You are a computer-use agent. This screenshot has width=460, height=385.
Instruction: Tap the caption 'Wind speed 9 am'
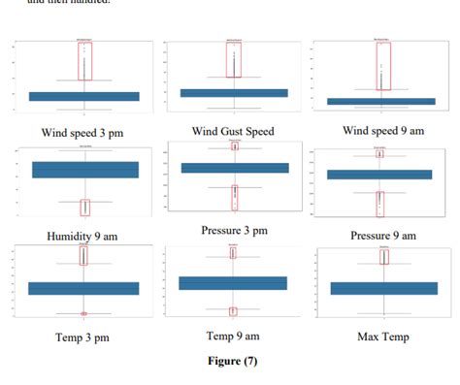pyautogui.click(x=381, y=130)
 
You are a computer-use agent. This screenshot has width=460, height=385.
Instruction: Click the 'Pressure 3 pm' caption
pyautogui.click(x=234, y=230)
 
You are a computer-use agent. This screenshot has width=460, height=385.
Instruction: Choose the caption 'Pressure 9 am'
pyautogui.click(x=382, y=235)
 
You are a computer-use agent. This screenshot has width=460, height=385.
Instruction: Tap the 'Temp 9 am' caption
pyautogui.click(x=233, y=336)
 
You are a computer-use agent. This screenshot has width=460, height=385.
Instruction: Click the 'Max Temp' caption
pyautogui.click(x=382, y=337)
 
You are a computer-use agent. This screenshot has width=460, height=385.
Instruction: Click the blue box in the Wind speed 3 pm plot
pyautogui.click(x=84, y=96)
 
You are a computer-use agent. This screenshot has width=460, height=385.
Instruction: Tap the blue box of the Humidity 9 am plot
pyautogui.click(x=85, y=170)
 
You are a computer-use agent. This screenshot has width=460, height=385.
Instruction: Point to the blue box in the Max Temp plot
pyautogui.click(x=383, y=288)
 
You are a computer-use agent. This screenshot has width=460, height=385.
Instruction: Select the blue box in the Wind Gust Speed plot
pyautogui.click(x=234, y=93)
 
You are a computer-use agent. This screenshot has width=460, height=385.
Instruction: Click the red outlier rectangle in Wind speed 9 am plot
pyautogui.click(x=384, y=66)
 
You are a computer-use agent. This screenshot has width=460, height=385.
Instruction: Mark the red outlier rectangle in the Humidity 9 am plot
pyautogui.click(x=85, y=207)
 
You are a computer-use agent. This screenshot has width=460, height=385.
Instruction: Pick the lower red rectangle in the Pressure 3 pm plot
pyautogui.click(x=234, y=197)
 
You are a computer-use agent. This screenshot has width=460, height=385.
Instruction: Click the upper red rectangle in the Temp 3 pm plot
pyautogui.click(x=84, y=254)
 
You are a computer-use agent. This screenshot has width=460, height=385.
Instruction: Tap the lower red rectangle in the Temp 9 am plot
pyautogui.click(x=233, y=311)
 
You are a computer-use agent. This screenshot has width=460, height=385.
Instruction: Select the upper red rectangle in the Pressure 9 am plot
pyautogui.click(x=380, y=153)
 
